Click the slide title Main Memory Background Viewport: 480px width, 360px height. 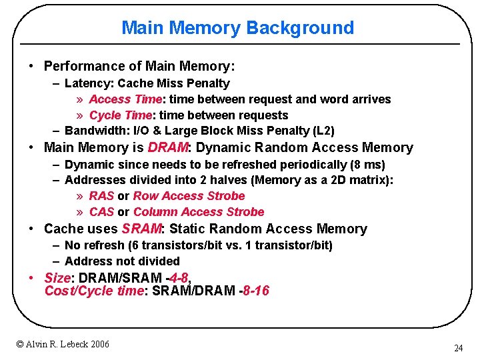coord(237,28)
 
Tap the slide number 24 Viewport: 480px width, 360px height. coord(458,348)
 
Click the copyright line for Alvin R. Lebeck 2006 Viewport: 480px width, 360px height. coord(63,344)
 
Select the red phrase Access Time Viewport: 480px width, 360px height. coord(125,99)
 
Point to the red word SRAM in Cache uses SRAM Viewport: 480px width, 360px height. coord(141,229)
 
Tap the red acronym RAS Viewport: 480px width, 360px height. coord(101,196)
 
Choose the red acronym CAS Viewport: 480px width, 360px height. coord(101,212)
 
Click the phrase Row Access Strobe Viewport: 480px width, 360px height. coord(189,196)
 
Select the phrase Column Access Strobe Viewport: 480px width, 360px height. coord(199,212)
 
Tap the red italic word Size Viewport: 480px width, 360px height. coord(57,277)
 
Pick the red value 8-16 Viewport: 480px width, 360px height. coord(257,291)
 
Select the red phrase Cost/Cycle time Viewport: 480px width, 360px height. coord(93,291)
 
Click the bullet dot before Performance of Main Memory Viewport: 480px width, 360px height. coord(31,67)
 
